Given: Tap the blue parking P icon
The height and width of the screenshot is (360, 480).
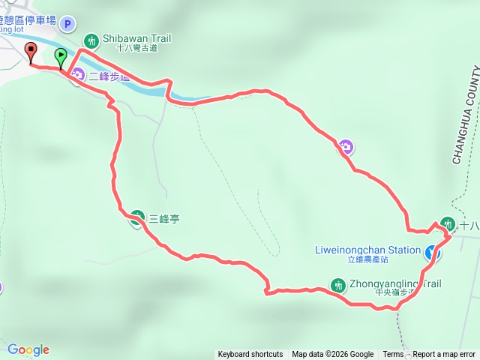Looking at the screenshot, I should (67, 24).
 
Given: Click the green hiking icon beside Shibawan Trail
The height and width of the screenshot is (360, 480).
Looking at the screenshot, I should (91, 40).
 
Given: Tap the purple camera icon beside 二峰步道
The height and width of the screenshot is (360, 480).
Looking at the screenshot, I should (77, 76).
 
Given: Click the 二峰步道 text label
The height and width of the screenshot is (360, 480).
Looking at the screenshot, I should (109, 76).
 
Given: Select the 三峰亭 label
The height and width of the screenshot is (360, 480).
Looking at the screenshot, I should (164, 219).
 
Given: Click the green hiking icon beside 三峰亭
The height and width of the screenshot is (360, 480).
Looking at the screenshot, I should (137, 218).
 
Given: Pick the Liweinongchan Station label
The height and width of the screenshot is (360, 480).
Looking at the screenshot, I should (373, 250).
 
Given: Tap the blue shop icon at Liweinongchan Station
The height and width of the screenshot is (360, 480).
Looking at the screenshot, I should (433, 253).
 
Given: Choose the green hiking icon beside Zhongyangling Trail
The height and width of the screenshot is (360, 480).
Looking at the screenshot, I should (337, 285).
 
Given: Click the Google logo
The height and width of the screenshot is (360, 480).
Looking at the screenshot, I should (28, 349).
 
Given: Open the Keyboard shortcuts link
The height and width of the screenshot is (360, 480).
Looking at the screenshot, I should (250, 355).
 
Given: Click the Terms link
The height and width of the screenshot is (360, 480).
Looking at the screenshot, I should (393, 355).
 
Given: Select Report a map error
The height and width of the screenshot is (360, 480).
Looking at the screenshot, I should (444, 355).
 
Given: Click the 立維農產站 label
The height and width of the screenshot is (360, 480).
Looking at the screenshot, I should (367, 259).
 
